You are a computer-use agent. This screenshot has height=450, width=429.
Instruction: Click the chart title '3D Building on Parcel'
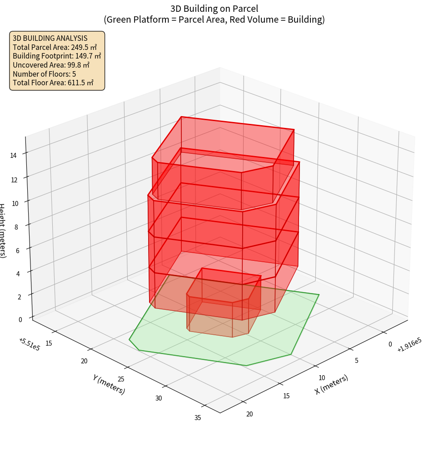214,8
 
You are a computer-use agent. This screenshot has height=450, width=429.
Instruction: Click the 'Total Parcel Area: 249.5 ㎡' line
55,47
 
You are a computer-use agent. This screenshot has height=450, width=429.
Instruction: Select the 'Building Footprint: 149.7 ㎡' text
57,56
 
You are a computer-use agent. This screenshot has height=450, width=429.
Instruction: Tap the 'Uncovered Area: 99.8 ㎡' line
51,65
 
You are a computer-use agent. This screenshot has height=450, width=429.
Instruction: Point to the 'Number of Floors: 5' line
44,73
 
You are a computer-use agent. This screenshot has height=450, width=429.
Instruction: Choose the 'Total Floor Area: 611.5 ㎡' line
53,83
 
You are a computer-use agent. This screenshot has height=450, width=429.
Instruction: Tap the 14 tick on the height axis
13,156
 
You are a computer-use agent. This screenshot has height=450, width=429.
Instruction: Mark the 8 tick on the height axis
16,227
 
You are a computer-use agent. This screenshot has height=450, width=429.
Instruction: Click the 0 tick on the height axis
20,319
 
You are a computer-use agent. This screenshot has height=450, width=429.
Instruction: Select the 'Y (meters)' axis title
109,384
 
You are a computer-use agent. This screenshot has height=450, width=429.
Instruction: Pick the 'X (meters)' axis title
332,384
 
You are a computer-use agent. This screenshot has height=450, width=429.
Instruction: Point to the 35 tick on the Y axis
198,418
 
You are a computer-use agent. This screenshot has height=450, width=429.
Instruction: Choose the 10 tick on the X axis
322,377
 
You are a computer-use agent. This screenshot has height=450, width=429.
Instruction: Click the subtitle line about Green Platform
214,20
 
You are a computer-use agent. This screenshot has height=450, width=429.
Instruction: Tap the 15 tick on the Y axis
49,343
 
